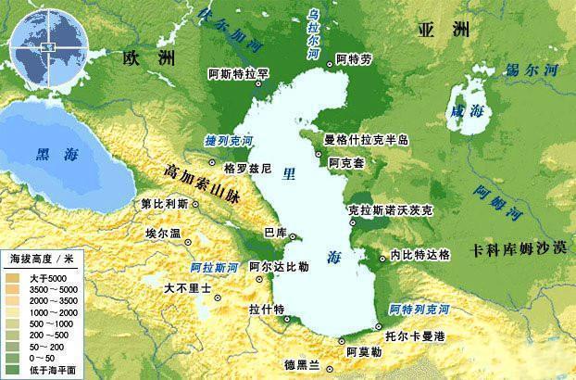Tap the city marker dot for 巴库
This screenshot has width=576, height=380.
[292, 237]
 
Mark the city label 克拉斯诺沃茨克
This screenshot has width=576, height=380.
[390, 210]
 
